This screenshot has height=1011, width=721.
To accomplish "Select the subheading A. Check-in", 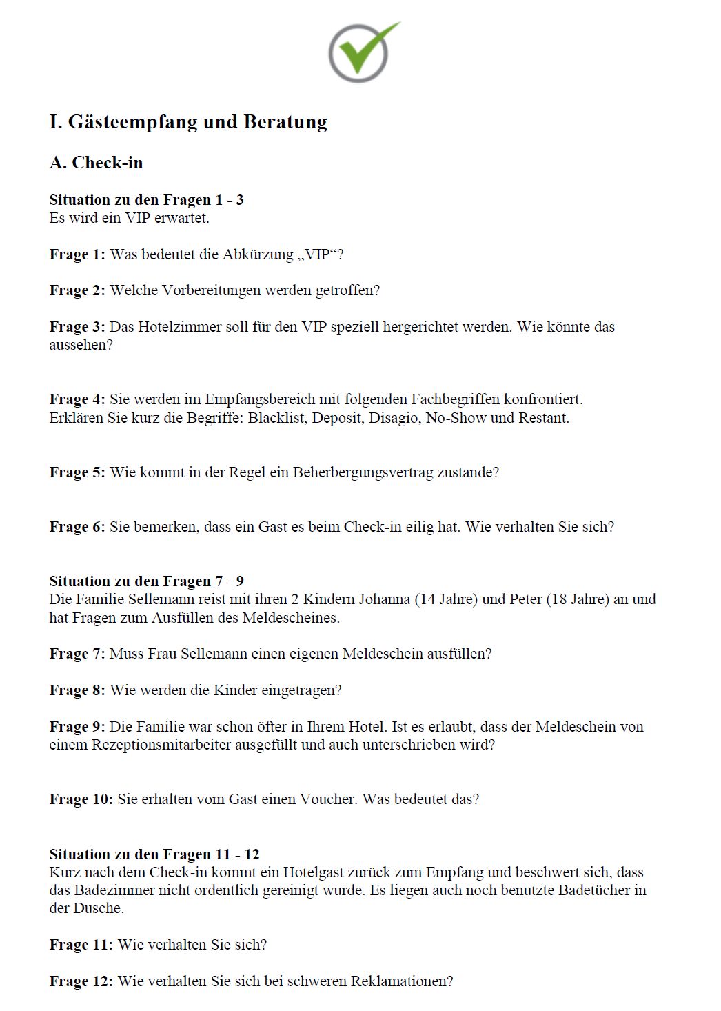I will [x=97, y=163].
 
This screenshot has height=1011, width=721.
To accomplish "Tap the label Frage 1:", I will [x=77, y=254].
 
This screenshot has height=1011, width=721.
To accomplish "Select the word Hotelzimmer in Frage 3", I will [x=179, y=327].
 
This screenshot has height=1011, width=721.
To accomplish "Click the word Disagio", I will [x=394, y=418].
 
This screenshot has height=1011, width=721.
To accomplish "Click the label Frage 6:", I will [x=77, y=527].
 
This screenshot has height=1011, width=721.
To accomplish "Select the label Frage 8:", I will [x=77, y=690].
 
